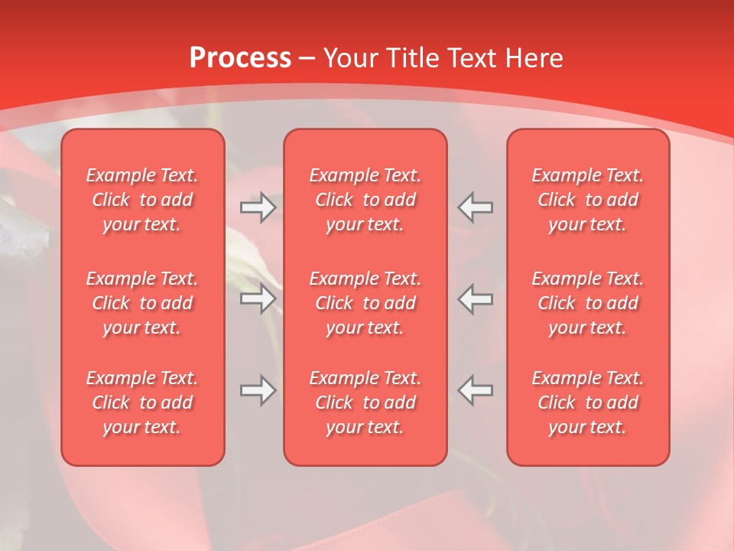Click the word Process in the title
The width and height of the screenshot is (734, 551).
coord(240,58)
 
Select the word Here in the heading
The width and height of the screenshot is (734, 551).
coord(535,58)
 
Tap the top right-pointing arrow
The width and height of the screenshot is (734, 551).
coord(258,207)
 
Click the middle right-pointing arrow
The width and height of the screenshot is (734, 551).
coord(258,298)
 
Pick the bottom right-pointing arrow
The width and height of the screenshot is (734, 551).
coord(258,390)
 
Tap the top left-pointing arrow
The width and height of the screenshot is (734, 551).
coord(476,207)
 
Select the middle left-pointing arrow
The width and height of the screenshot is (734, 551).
coord(476,298)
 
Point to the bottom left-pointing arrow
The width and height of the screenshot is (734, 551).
coord(476,390)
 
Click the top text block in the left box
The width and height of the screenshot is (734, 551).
coord(142,200)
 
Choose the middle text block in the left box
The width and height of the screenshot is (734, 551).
coord(142,303)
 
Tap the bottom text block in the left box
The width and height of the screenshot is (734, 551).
coord(142,403)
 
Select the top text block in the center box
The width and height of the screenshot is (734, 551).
coord(365,200)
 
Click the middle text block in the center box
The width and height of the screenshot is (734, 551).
coord(365,303)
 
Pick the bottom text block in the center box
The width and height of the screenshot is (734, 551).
coord(365,403)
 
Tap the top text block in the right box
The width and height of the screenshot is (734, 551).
coord(588,200)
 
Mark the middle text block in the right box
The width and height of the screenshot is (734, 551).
coord(588,303)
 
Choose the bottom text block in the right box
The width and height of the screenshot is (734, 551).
coord(588,403)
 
